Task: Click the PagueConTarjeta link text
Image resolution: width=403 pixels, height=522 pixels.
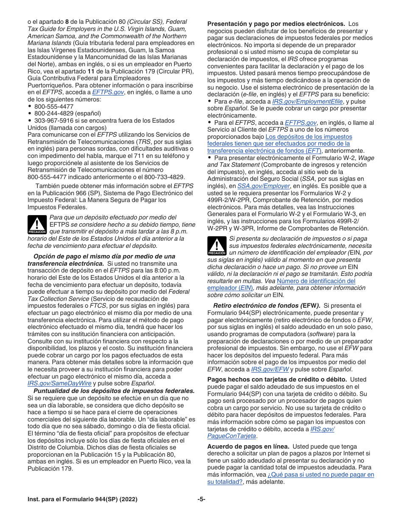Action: (232, 436)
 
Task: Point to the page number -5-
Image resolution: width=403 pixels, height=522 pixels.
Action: (201, 500)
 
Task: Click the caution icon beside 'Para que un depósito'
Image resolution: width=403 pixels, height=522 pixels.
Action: (37, 225)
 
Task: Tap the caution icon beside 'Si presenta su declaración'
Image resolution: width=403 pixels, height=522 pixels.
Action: (217, 246)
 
